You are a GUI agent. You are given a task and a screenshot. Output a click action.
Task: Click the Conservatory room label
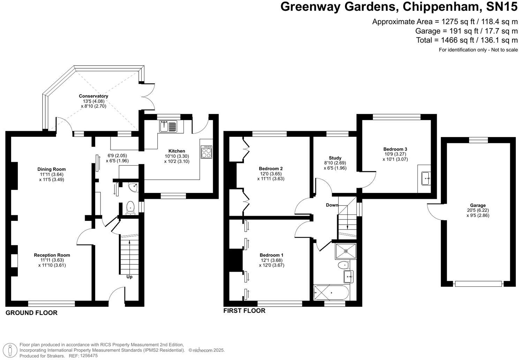tap(93, 96)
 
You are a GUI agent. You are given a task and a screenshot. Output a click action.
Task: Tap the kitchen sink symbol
tap(168, 126)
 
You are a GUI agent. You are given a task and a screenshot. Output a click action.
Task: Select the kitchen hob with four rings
tap(206, 152)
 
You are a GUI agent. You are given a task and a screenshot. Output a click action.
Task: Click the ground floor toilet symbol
tap(130, 207)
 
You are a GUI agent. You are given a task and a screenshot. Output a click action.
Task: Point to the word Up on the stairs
tap(129, 277)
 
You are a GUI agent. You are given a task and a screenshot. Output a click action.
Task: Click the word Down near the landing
tap(332, 205)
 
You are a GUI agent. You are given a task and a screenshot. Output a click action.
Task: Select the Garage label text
tap(478, 205)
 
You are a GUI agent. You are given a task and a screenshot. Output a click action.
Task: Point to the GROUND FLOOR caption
tap(31, 313)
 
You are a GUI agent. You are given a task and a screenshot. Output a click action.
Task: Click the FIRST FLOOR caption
tap(244, 310)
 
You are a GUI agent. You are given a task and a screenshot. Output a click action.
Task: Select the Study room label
tap(335, 158)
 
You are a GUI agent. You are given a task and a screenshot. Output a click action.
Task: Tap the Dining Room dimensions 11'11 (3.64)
tap(52, 174)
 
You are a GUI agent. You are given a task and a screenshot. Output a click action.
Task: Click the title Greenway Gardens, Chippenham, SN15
tap(399, 7)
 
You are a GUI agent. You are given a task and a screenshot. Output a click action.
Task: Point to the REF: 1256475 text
tap(83, 356)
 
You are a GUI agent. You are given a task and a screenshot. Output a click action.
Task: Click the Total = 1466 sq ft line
tap(467, 40)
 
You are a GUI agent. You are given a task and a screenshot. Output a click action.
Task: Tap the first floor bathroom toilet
tap(343, 265)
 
